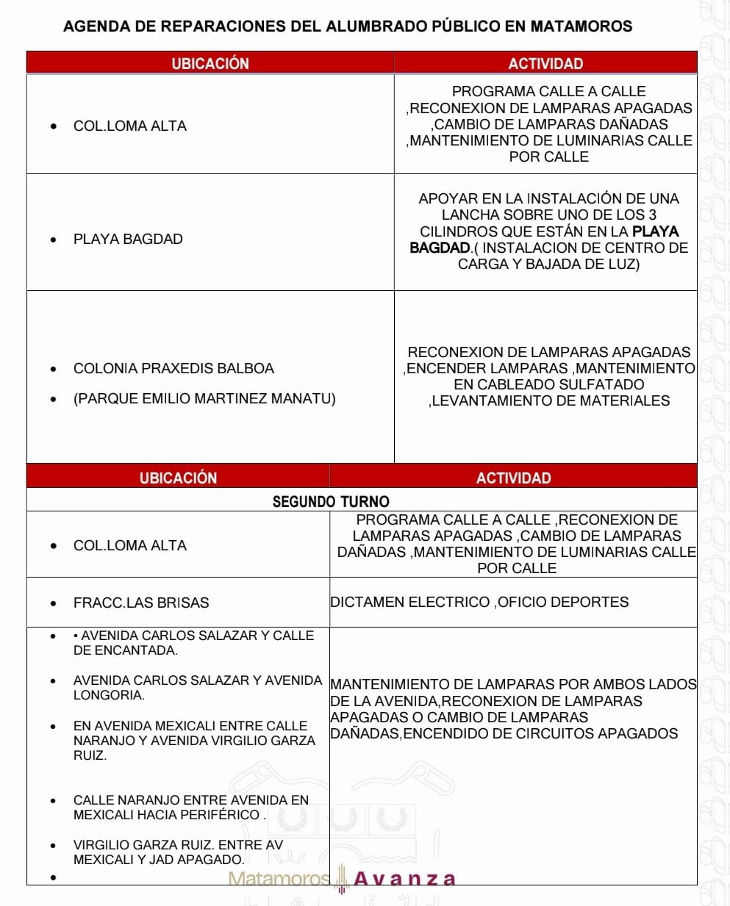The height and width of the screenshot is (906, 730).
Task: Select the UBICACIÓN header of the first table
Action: point(210,63)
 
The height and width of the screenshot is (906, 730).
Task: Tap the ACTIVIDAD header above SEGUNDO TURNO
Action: point(513,478)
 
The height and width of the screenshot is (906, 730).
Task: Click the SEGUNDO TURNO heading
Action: point(331,501)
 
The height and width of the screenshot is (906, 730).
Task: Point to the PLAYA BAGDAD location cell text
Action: point(128,239)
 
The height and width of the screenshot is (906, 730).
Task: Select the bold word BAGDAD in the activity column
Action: point(440,248)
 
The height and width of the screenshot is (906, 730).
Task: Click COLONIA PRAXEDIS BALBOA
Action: point(173,368)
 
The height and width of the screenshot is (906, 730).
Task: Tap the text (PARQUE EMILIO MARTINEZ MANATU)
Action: point(204,398)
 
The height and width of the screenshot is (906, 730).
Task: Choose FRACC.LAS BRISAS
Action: point(141,603)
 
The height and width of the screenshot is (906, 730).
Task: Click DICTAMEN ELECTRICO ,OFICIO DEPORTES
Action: point(479,602)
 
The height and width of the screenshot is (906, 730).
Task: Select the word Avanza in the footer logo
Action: point(405,879)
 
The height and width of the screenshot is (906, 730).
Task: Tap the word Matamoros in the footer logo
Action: point(279,879)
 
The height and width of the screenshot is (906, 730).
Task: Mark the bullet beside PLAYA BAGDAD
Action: point(53,240)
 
